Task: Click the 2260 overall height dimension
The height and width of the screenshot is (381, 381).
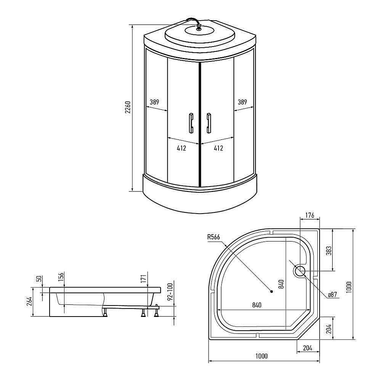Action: [128, 108]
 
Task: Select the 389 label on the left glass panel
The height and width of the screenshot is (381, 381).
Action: [154, 102]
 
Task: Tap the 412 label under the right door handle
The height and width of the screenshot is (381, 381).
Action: [218, 148]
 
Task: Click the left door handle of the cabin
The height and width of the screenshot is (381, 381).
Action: [190, 123]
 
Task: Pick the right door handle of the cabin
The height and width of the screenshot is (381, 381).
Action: [209, 123]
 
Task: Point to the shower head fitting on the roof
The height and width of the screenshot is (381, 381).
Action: [198, 27]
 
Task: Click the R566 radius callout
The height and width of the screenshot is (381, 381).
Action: [214, 237]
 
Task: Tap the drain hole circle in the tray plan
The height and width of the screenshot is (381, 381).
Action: [299, 271]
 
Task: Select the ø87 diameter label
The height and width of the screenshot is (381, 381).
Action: [333, 294]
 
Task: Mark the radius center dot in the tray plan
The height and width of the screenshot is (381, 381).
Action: [272, 292]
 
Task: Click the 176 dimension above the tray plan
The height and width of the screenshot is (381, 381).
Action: [310, 216]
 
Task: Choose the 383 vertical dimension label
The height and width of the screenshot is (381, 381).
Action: [329, 250]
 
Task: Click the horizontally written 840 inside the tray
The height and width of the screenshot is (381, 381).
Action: [256, 305]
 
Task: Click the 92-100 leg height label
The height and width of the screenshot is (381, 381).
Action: [170, 291]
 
